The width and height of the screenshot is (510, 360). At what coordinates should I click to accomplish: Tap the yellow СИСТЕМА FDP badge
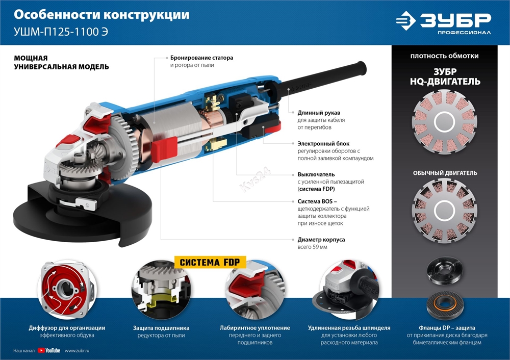210,263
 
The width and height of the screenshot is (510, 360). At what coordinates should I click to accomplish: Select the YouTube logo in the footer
49,350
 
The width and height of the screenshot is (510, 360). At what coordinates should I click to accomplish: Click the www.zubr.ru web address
78,350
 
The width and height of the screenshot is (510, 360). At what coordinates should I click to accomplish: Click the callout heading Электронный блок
323,144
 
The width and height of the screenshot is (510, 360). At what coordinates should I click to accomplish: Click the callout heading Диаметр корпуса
321,239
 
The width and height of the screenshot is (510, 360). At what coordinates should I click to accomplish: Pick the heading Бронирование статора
201,58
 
